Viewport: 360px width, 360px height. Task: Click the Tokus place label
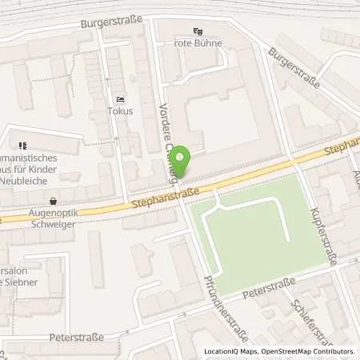point(121,112)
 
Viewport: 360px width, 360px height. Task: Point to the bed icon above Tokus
point(121,100)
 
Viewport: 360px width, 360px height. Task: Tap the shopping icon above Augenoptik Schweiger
point(53,202)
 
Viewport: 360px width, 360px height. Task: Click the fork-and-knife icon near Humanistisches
point(22,146)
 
